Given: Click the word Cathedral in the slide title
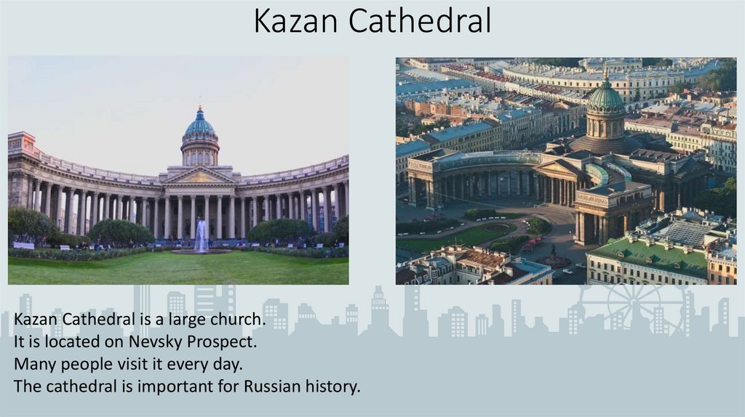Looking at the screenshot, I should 420,21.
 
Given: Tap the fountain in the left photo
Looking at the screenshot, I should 202,236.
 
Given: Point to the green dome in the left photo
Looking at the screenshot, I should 200,128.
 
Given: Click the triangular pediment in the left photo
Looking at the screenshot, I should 199,176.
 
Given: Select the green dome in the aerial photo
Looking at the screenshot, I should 605,98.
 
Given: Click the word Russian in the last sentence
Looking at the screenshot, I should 272,386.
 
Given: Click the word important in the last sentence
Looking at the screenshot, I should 174,386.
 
